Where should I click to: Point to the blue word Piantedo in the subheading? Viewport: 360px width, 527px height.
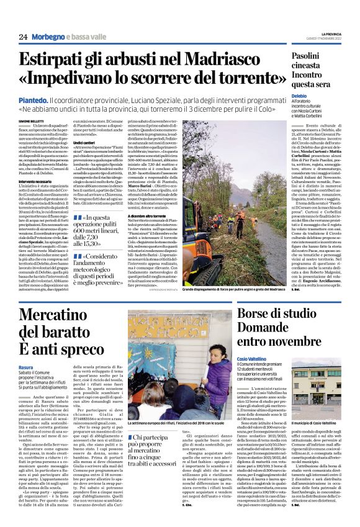(32, 99)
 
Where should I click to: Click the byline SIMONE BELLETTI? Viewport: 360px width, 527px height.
(29, 120)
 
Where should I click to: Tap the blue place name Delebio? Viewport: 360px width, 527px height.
(300, 97)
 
